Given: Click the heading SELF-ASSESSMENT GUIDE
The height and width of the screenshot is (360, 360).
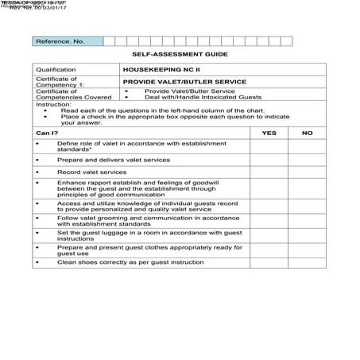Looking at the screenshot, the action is pos(180,54).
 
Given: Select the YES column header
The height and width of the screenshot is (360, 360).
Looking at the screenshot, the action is pos(269,133).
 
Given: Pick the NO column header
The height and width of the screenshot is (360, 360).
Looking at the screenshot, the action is pos(308,133).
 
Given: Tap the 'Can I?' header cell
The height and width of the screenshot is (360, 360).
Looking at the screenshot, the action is pos(48,133).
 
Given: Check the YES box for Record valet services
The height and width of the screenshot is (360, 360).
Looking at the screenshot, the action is pos(269,172).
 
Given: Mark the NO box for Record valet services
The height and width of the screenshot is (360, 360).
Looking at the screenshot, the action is pos(308,172).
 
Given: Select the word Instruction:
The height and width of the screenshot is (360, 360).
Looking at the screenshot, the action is pos(53,104).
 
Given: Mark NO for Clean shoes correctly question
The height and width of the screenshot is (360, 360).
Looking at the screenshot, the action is pos(308,261).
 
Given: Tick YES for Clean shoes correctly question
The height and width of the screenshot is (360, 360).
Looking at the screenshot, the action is pos(269,261).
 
